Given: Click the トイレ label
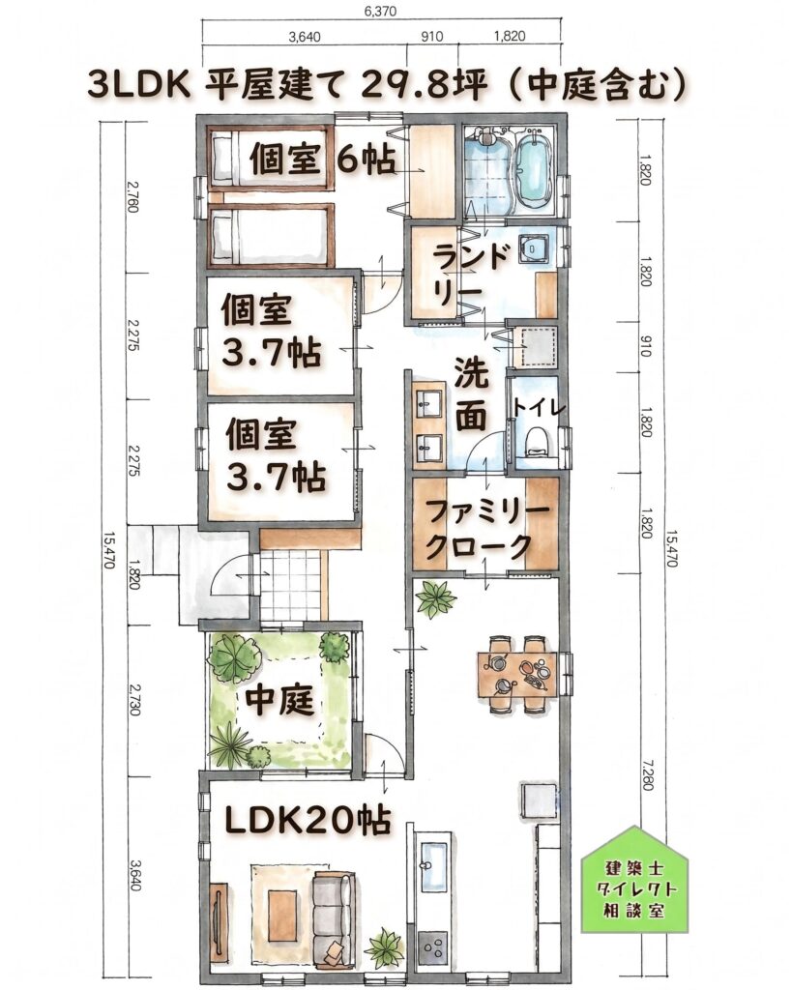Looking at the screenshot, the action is click(x=538, y=407).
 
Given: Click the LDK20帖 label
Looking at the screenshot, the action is click(x=308, y=821).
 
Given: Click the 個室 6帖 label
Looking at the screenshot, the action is click(x=323, y=160).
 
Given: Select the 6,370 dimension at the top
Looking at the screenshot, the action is click(x=380, y=11).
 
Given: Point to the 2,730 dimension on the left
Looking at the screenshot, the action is click(x=133, y=700).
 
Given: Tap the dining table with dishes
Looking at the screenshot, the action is click(x=517, y=674).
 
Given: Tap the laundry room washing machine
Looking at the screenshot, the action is click(x=535, y=247).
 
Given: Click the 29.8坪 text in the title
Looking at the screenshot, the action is click(x=425, y=86).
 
